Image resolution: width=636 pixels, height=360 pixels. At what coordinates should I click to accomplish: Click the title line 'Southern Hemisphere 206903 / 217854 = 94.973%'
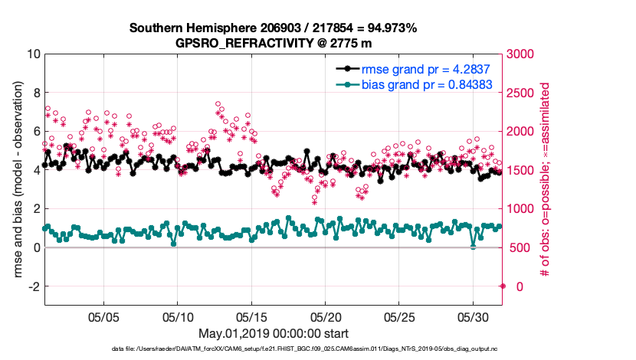273,28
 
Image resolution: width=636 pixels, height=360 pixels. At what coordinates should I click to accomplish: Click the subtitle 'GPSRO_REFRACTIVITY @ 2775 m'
273,43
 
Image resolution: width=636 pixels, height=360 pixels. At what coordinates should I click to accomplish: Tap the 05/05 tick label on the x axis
103,316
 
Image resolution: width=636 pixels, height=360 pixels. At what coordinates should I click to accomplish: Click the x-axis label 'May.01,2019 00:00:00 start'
274,333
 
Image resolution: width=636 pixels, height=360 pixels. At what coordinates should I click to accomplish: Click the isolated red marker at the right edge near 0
503,286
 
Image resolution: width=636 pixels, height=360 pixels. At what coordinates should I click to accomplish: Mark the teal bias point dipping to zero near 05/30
473,247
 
